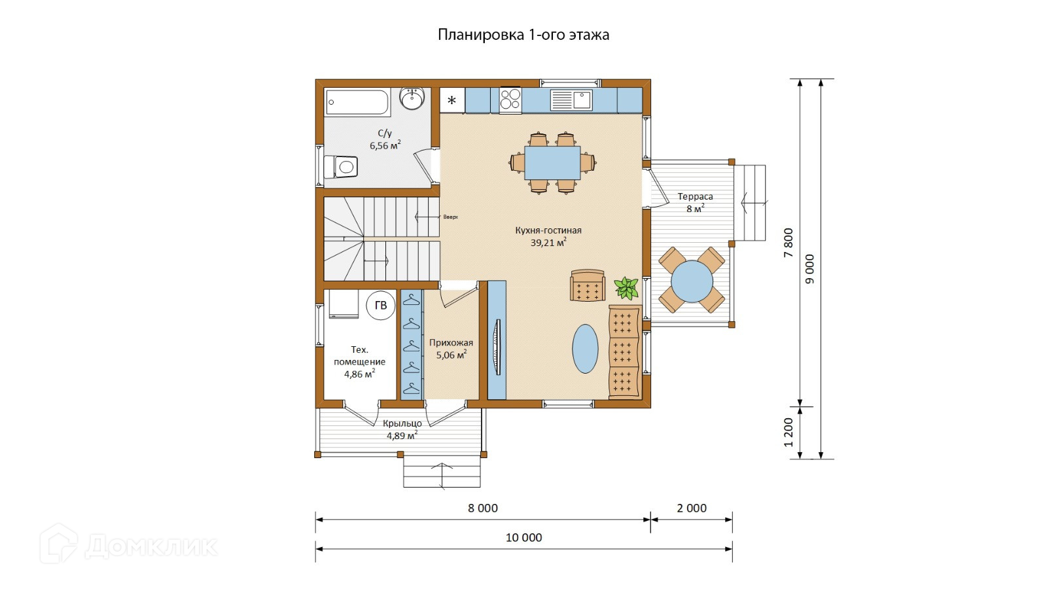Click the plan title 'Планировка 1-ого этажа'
[x=523, y=35]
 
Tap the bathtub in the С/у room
[x=357, y=102]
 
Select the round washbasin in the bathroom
[x=412, y=99]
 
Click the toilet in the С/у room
[x=341, y=167]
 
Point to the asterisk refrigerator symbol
[x=452, y=101]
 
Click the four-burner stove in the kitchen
[x=510, y=101]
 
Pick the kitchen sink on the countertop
[x=571, y=100]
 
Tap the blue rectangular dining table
[x=552, y=163]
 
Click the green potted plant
[x=626, y=288]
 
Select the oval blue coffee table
[x=585, y=349]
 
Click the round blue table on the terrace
[x=692, y=281]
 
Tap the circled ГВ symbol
[x=380, y=305]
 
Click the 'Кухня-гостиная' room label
[x=548, y=230]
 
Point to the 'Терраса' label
[x=696, y=197]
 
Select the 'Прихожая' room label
[x=451, y=343]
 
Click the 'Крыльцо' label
[x=402, y=424]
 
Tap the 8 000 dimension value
[x=483, y=508]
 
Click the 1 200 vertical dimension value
[x=789, y=433]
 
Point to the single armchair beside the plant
[x=588, y=285]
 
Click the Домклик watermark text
[x=151, y=546]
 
